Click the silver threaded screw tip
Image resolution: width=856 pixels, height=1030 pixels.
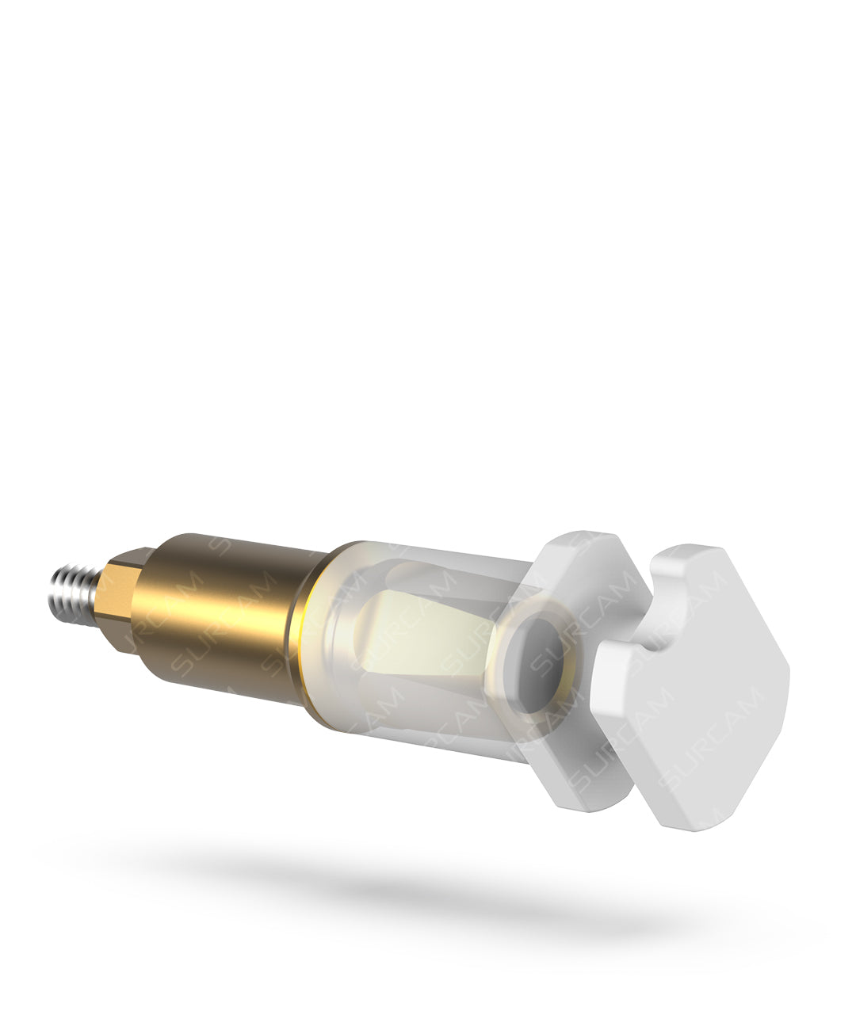tap(74, 595)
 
